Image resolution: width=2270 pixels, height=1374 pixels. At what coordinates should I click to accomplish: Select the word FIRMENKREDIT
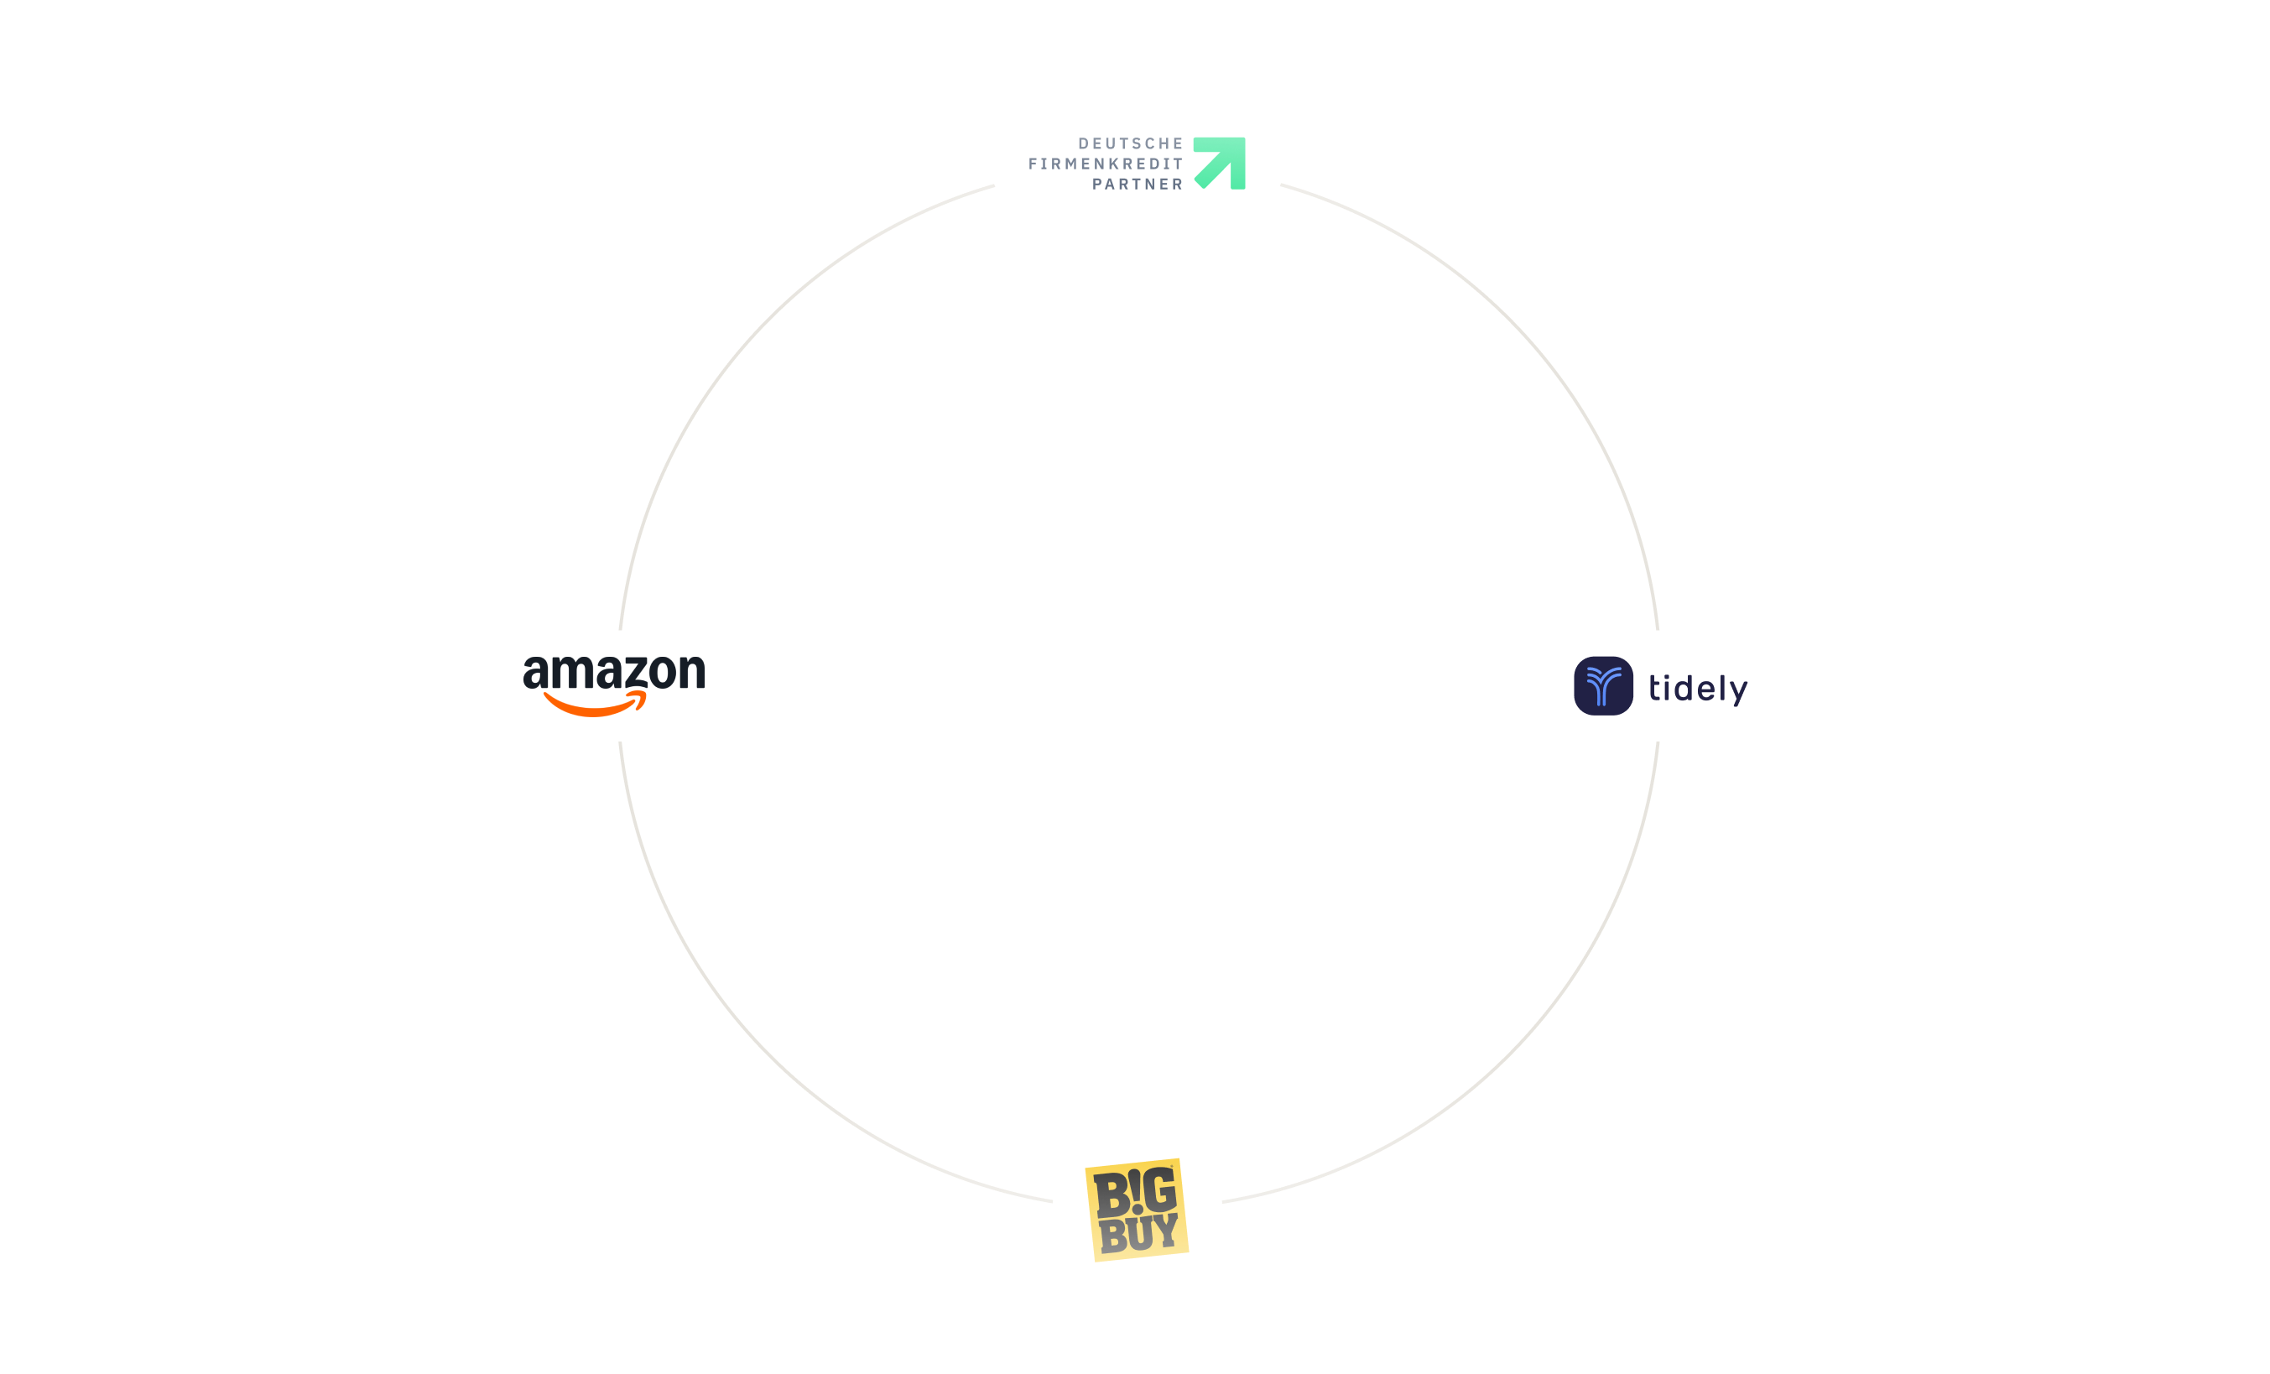click(1106, 164)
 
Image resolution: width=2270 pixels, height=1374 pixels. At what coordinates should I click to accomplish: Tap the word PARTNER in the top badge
click(1137, 185)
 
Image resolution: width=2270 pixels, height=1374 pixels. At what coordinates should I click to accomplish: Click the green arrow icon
click(1220, 163)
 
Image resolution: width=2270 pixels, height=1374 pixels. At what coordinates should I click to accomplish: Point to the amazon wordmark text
click(613, 672)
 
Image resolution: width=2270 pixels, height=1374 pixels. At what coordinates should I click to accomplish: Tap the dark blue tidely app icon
click(1603, 686)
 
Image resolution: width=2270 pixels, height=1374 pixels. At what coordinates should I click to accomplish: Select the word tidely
click(1697, 688)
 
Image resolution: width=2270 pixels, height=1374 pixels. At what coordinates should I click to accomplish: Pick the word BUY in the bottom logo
click(1138, 1234)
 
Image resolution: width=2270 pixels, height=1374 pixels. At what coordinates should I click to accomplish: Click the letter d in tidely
click(1684, 687)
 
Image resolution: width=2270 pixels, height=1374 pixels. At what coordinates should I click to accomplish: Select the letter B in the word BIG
click(1111, 1195)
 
